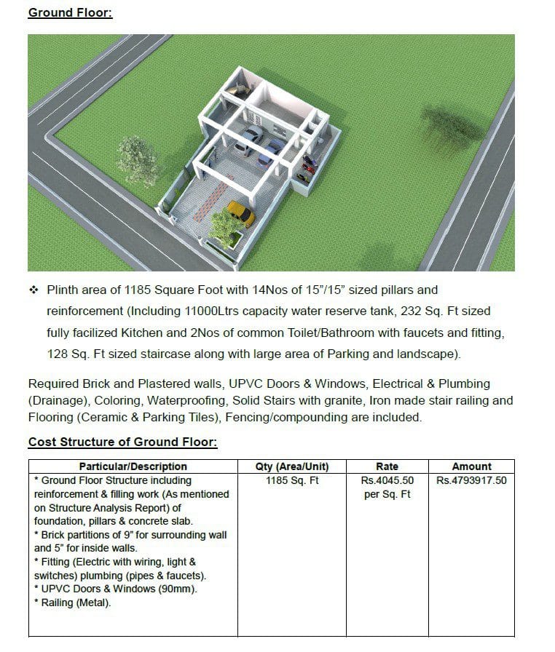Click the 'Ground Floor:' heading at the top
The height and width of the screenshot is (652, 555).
(x=70, y=12)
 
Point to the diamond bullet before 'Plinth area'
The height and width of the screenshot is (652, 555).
(x=33, y=290)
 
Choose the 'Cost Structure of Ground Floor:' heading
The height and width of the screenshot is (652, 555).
(x=122, y=442)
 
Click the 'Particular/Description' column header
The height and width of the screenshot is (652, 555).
(x=133, y=466)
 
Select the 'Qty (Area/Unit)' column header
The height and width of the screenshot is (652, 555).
(x=292, y=466)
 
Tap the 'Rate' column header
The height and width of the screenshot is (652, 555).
(x=387, y=466)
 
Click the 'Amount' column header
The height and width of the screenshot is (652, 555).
(x=471, y=466)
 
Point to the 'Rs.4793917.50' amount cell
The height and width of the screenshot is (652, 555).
(x=471, y=480)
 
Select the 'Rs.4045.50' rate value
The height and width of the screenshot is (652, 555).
(x=387, y=480)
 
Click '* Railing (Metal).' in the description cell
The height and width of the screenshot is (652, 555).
(x=71, y=603)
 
